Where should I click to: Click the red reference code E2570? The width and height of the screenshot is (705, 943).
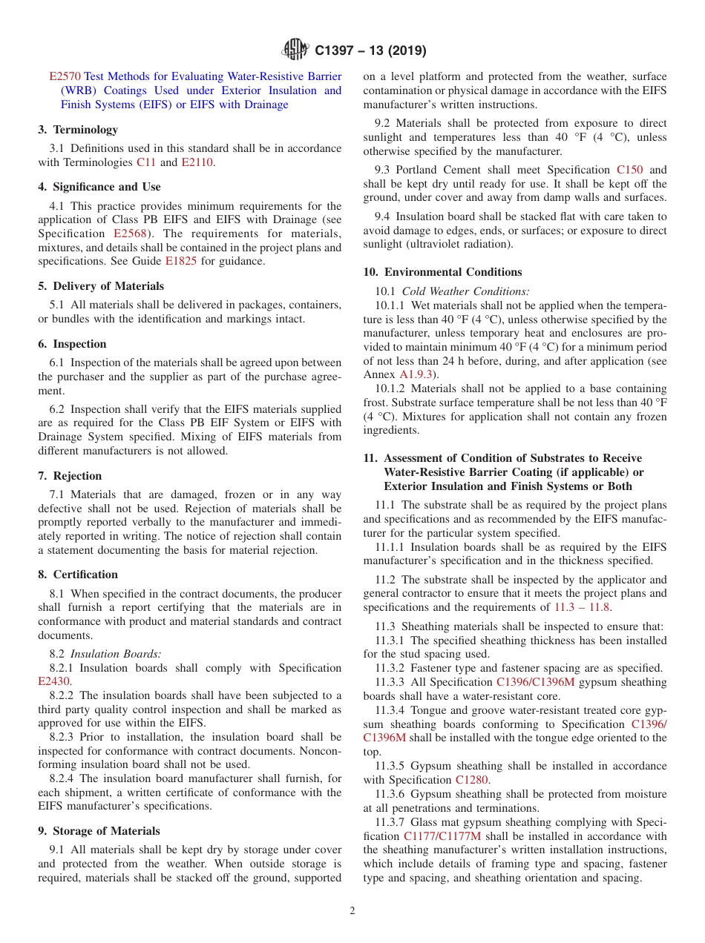[65, 76]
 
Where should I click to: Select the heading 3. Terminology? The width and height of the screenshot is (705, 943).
[78, 130]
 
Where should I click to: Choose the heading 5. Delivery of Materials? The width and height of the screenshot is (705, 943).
[101, 286]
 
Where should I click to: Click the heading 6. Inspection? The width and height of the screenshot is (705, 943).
[72, 344]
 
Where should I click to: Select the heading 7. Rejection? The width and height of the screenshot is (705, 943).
[70, 476]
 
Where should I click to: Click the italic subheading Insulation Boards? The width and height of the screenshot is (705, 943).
[116, 654]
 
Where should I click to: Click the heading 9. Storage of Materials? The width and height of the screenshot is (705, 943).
[99, 831]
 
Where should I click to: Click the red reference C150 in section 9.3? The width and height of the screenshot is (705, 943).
[630, 170]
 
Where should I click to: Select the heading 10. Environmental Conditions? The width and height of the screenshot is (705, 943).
[442, 272]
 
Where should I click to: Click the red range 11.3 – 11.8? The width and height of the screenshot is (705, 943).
[582, 607]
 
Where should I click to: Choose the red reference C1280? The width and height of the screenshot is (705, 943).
[472, 780]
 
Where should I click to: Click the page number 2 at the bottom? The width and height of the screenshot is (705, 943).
[352, 911]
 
